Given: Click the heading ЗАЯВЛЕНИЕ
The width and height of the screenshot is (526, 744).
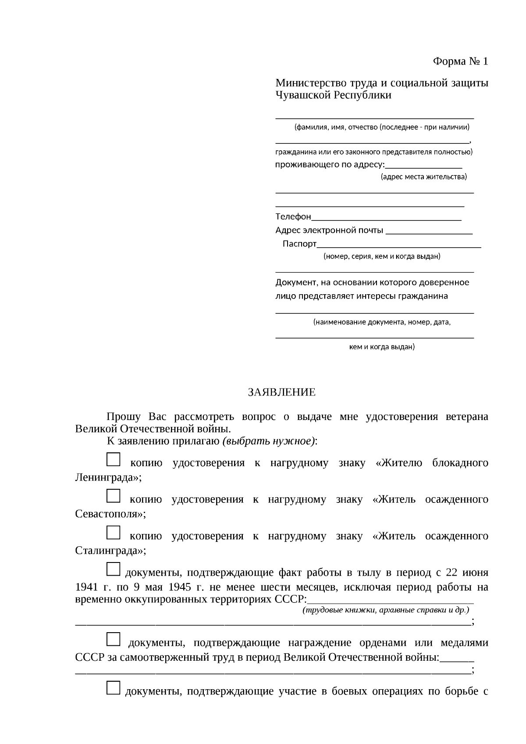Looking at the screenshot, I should pos(281,392).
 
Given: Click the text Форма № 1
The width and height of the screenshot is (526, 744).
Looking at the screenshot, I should pos(460,61).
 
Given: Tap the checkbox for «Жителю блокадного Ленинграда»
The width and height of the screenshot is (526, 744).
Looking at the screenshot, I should pos(113,459).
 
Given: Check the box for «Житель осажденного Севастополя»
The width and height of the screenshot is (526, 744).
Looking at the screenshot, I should pos(113,496).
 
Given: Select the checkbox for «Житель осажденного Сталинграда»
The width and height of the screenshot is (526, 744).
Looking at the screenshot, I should pos(113,532).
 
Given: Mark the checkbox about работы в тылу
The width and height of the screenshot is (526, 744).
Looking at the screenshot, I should pos(113,569).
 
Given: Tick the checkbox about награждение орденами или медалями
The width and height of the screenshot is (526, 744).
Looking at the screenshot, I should pos(113,639).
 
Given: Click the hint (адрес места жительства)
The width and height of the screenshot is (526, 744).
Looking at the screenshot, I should pos(423,177).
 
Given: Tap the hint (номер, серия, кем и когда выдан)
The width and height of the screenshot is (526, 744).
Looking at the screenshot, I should pos(382,256).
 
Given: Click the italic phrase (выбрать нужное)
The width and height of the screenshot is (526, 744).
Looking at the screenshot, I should pos(268,441).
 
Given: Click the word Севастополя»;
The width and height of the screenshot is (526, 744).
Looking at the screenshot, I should pos(110,514).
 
